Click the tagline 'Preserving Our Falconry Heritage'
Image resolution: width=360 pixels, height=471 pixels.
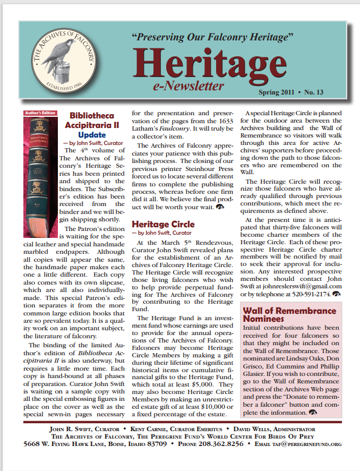(212, 37)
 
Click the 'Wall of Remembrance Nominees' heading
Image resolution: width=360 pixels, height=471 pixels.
(289, 314)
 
